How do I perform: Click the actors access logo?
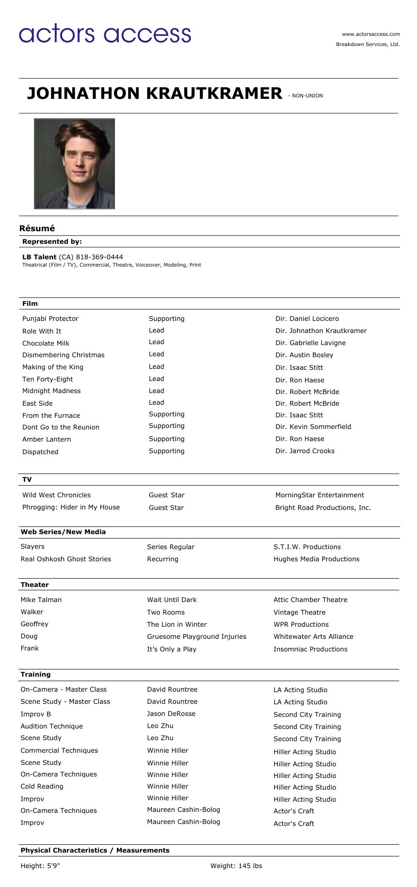click(105, 33)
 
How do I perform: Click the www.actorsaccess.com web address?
click(370, 34)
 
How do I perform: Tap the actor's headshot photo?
click(74, 164)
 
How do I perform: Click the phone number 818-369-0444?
click(99, 257)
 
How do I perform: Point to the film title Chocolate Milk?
click(46, 343)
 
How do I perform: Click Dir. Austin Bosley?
click(304, 355)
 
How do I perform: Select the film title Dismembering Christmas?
click(64, 355)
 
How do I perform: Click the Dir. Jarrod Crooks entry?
click(305, 451)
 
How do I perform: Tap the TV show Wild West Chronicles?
click(56, 495)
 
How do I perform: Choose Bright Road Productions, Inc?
click(323, 507)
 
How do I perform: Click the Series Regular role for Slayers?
click(170, 547)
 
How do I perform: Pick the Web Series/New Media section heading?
click(63, 532)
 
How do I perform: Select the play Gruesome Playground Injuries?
click(196, 636)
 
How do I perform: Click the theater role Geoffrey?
click(34, 624)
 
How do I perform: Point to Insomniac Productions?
click(310, 649)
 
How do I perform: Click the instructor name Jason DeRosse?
click(171, 713)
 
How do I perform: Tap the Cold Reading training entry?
click(42, 786)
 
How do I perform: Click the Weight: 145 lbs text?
click(236, 866)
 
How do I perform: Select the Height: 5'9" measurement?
click(40, 866)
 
